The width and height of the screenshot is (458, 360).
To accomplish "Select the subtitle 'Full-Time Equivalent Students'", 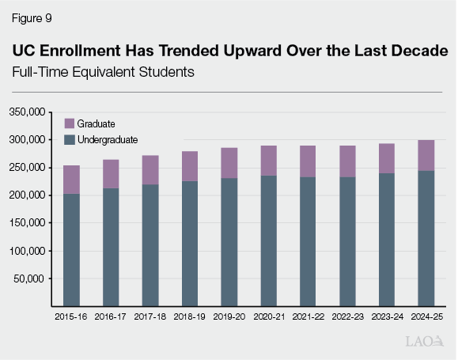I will pyautogui.click(x=103, y=72).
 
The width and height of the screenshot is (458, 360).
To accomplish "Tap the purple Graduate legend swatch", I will pyautogui.click(x=69, y=123).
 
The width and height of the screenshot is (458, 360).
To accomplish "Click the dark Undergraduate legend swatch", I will pyautogui.click(x=69, y=139).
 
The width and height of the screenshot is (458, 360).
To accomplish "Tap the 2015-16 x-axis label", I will pyautogui.click(x=71, y=316).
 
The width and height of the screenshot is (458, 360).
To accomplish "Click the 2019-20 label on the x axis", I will pyautogui.click(x=229, y=316).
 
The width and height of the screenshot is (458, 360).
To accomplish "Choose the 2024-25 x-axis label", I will pyautogui.click(x=426, y=316).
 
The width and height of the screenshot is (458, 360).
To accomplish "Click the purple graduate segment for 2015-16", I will pyautogui.click(x=71, y=180).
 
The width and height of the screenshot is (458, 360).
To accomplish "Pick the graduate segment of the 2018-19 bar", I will pyautogui.click(x=190, y=166).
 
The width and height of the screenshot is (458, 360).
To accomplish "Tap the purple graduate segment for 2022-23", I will pyautogui.click(x=347, y=161).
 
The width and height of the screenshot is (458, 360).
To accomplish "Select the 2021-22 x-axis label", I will pyautogui.click(x=308, y=316).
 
